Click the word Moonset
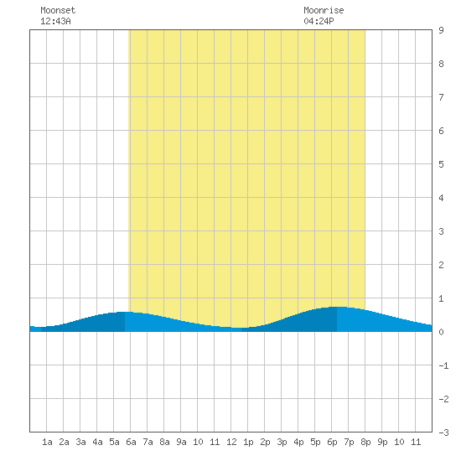58,10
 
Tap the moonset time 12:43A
55,21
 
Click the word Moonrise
324,10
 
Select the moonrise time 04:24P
319,21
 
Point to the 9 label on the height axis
441,30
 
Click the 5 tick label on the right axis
441,164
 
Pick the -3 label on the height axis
443,433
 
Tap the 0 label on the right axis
441,332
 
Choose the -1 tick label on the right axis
443,365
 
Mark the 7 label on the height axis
441,97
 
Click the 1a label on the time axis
47,442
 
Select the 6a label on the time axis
131,442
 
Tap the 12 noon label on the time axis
231,442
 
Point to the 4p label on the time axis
298,442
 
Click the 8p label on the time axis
365,442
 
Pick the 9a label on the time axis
181,442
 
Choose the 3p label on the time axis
282,442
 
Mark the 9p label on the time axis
382,442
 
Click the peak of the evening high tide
337,307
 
